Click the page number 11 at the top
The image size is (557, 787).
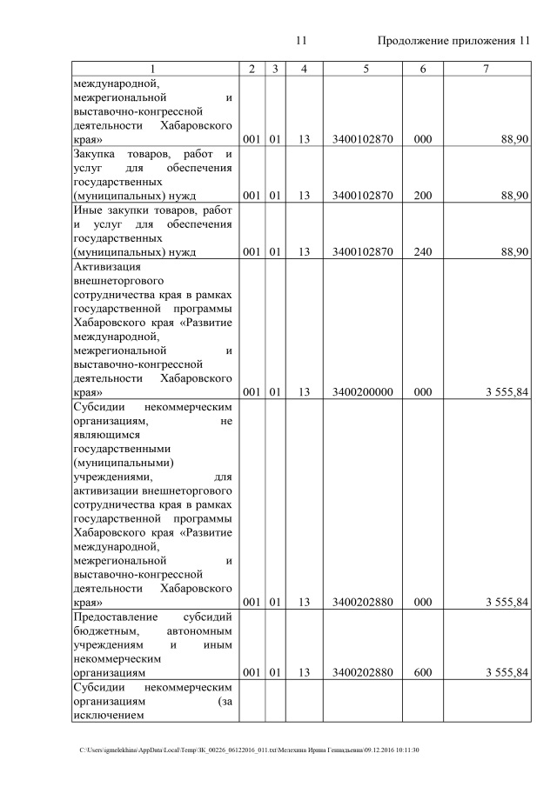(302, 41)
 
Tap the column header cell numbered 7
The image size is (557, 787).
(486, 69)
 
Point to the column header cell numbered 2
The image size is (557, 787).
(251, 69)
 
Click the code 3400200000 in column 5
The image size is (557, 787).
(363, 392)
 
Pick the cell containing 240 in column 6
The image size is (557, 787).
(422, 252)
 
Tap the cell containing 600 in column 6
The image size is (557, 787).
(422, 672)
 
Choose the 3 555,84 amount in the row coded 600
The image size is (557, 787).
(502, 672)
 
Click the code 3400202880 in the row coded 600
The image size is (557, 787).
(363, 672)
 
